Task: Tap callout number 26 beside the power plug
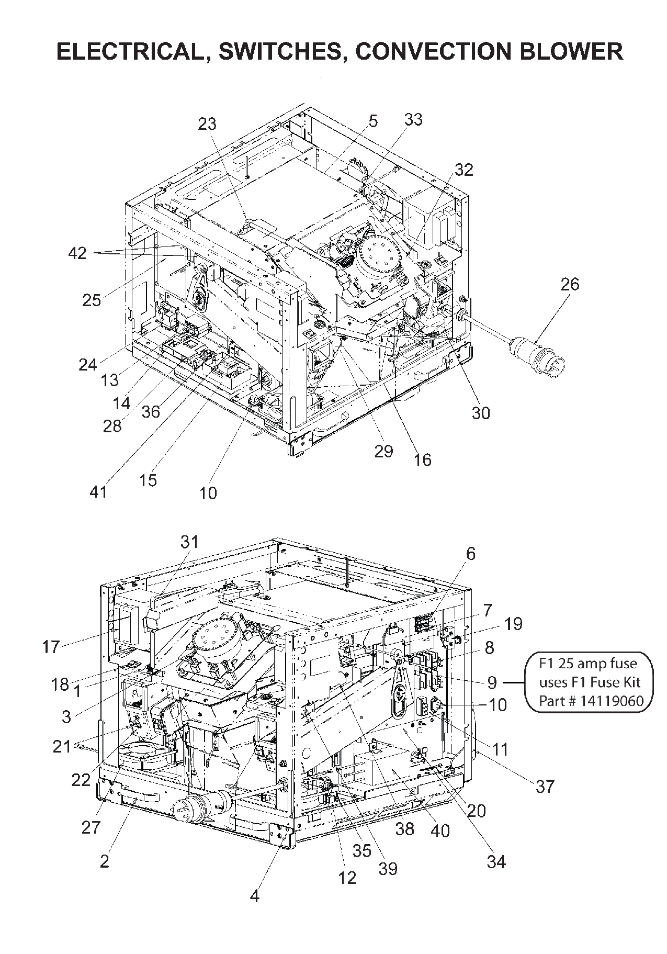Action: [570, 284]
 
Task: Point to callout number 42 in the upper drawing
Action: [77, 253]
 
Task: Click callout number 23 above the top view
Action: [207, 124]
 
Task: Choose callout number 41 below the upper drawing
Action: [98, 492]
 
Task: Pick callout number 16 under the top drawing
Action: [423, 459]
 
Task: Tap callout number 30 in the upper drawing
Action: [481, 413]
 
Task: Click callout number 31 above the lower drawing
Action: [190, 541]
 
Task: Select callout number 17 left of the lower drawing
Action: [51, 647]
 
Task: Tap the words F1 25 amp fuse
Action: [588, 664]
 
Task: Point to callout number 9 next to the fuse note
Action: [492, 682]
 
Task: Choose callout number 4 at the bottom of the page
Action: [254, 896]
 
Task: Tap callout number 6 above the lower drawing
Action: [470, 554]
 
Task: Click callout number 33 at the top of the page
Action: [413, 120]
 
